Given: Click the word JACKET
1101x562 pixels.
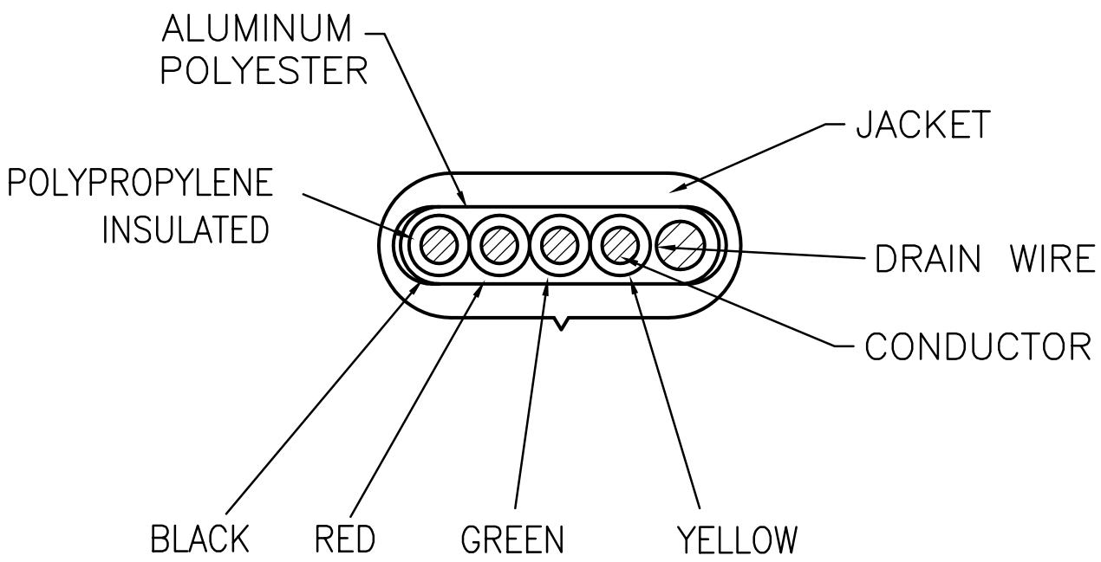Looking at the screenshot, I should tap(922, 126).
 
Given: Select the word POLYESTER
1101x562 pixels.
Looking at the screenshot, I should tap(265, 72).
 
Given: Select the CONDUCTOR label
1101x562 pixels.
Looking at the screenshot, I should tap(977, 347).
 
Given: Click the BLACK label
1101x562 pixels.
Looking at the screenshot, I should tap(200, 539).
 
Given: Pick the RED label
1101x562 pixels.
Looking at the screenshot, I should tap(345, 539).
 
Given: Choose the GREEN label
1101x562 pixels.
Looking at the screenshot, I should tap(512, 539).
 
